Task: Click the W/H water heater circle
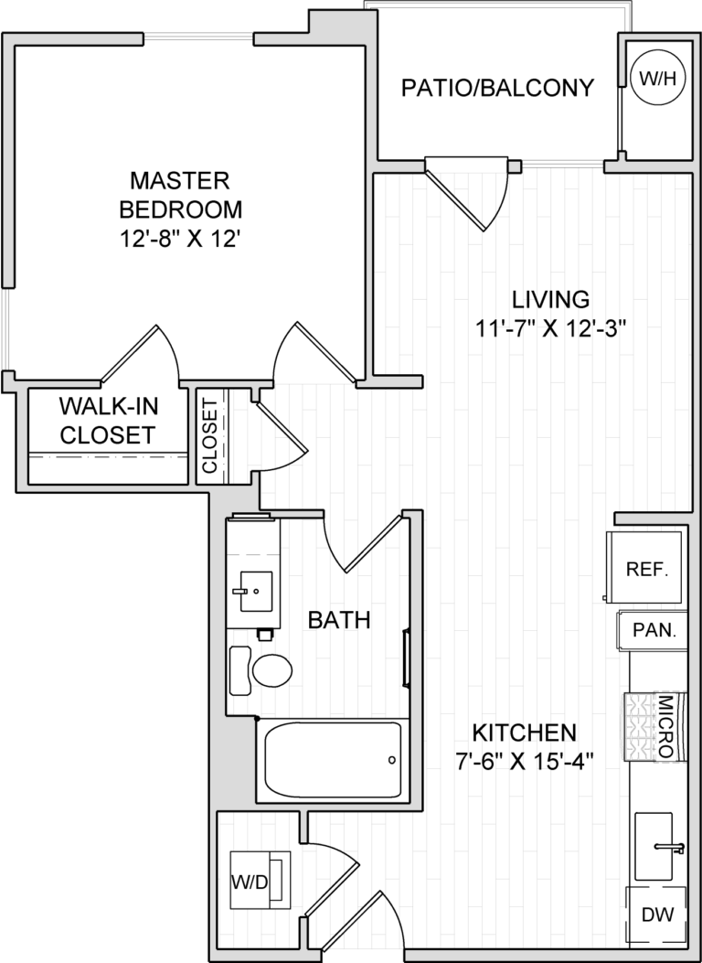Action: (658, 79)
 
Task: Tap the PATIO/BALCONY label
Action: (498, 88)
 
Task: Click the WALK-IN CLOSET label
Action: (107, 420)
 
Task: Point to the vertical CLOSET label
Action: (209, 435)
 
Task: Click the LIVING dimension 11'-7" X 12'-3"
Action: (548, 326)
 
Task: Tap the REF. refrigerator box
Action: (647, 568)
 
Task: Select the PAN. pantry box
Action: (653, 630)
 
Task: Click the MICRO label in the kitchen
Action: (665, 727)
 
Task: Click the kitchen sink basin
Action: (659, 845)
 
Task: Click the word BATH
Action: (338, 621)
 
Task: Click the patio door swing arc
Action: (494, 197)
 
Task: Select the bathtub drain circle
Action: (392, 760)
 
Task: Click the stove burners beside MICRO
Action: (640, 727)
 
